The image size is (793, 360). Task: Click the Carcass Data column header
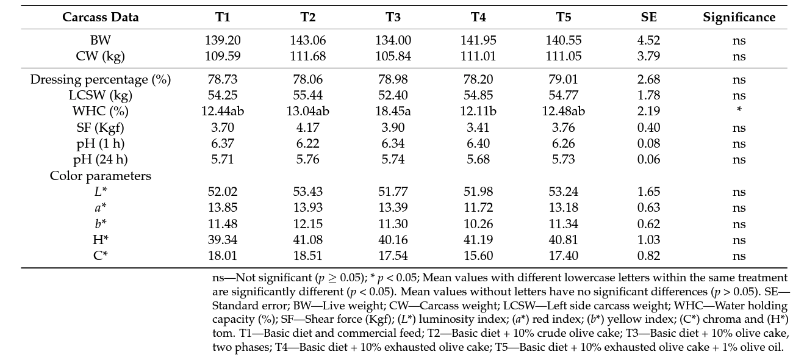101,17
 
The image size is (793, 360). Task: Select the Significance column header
739,17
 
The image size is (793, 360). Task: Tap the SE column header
648,17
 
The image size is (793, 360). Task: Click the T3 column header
393,17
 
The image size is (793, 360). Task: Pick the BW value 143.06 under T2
307,40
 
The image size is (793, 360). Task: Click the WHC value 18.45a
393,111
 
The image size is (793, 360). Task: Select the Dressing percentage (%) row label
101,79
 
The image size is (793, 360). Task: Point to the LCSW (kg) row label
101,95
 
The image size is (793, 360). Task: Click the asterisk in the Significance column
739,110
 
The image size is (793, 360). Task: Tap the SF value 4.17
307,128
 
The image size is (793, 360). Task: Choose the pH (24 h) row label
101,159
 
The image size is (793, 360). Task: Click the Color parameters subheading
101,176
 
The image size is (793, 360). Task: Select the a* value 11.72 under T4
478,208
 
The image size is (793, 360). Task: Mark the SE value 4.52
648,40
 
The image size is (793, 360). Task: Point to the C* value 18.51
307,256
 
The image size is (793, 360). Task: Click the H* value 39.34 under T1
222,240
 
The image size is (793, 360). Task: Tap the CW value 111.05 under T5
564,56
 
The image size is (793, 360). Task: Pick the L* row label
101,192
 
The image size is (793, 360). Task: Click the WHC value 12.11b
478,111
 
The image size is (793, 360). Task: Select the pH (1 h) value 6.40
478,143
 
